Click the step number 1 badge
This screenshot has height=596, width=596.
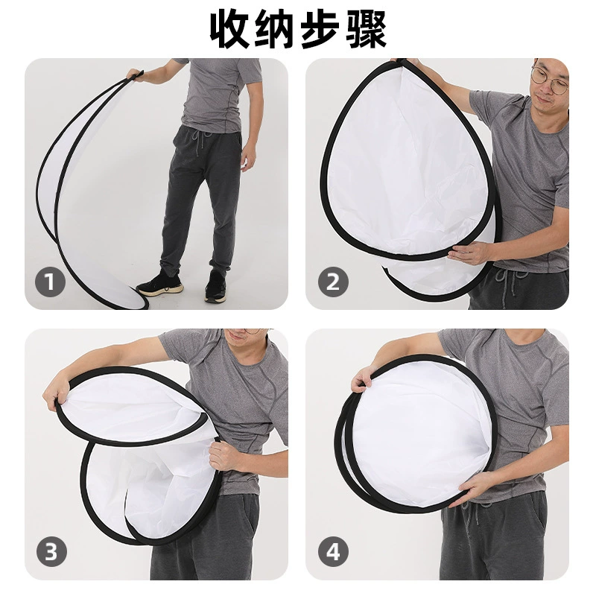pyautogui.click(x=50, y=282)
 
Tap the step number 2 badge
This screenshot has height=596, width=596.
pyautogui.click(x=333, y=282)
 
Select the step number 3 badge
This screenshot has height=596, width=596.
pyautogui.click(x=51, y=551)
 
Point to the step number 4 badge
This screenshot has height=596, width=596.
pyautogui.click(x=333, y=551)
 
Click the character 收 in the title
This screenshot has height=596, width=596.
pyautogui.click(x=230, y=30)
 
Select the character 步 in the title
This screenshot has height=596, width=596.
pyautogui.click(x=320, y=30)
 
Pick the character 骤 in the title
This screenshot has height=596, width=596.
pyautogui.click(x=366, y=30)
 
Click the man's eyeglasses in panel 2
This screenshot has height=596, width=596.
pyautogui.click(x=550, y=80)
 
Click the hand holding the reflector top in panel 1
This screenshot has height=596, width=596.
pyautogui.click(x=135, y=74)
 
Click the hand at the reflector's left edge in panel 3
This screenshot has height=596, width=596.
pyautogui.click(x=57, y=396)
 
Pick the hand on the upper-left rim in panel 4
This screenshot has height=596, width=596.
pyautogui.click(x=363, y=379)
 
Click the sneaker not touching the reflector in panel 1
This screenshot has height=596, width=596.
pyautogui.click(x=215, y=287)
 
